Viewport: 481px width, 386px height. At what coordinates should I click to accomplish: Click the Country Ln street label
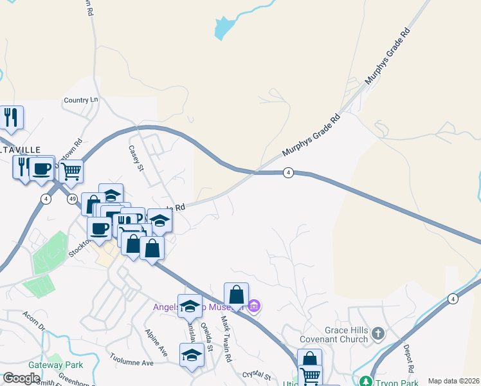(81, 100)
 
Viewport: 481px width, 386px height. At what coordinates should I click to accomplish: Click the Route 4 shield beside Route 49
(45, 199)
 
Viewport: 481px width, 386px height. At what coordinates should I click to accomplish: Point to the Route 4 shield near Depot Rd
(453, 299)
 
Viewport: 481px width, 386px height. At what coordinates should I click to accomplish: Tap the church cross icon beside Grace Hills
(378, 333)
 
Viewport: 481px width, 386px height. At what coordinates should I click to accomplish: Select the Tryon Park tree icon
(367, 382)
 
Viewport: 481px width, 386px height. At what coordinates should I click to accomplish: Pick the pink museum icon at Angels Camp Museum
(255, 306)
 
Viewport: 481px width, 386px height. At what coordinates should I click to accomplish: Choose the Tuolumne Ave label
(131, 363)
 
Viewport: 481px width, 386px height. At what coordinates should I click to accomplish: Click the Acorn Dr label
(34, 320)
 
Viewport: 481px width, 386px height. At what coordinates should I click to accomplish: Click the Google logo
(21, 378)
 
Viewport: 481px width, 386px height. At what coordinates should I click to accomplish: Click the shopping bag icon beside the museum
(237, 295)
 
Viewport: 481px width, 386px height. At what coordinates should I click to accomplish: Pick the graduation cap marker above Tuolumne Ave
(192, 355)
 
